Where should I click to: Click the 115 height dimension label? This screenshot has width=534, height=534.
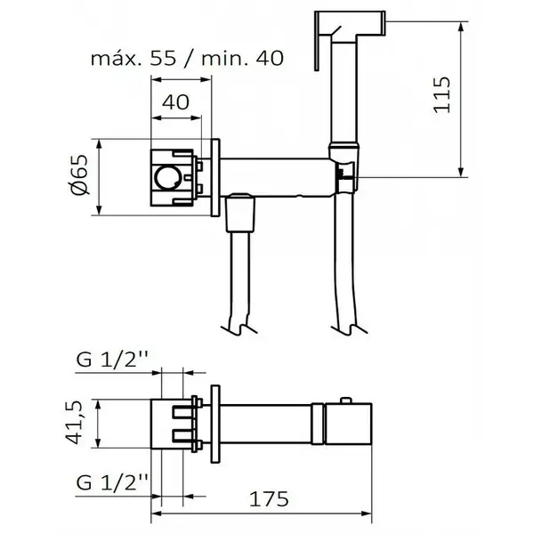coord(442,94)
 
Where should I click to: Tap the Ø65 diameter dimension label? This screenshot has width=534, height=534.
coord(80,174)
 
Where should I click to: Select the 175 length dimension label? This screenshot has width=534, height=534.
coord(269,499)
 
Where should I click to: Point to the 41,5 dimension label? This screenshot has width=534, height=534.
coord(74,423)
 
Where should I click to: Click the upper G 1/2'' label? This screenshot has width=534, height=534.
coord(113,359)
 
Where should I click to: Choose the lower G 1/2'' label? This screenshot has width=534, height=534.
coord(113,482)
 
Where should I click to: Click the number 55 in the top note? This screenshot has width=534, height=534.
coord(164,59)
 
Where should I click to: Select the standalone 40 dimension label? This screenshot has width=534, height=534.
coord(175,101)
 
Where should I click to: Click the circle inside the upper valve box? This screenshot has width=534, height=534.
coord(167,178)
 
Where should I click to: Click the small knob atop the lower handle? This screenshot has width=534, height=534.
coord(345,400)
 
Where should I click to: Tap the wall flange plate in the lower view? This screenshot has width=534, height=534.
coord(215,424)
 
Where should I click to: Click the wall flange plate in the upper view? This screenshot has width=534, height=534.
coord(215,177)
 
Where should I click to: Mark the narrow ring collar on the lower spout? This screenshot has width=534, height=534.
coord(318,424)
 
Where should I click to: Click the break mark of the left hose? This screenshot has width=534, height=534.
coord(239,328)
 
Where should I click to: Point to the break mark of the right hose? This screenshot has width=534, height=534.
coord(350,328)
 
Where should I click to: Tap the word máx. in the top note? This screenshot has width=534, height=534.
coord(117,59)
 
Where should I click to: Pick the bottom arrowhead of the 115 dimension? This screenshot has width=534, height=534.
coord(461,173)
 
